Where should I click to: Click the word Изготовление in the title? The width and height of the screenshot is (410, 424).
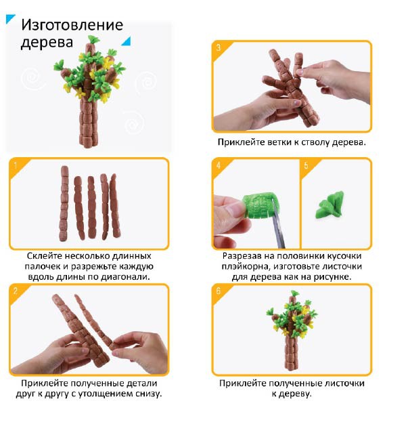[72, 25]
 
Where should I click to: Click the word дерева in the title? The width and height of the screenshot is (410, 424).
[47, 42]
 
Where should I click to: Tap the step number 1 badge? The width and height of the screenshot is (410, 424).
[16, 165]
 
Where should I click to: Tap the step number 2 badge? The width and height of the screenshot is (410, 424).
[16, 291]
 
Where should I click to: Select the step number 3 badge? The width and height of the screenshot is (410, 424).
[219, 47]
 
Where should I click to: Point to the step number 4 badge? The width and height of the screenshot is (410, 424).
[219, 165]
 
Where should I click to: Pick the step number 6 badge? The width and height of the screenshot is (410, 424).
[219, 291]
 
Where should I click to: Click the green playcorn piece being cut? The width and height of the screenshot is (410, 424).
[260, 205]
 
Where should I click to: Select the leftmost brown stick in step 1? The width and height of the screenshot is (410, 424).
[64, 203]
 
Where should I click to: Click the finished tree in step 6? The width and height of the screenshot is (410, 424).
[292, 330]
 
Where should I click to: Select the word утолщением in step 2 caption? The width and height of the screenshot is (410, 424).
[106, 394]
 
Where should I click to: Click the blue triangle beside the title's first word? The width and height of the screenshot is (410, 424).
[10, 19]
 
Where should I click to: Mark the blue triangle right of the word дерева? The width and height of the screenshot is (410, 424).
[126, 41]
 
